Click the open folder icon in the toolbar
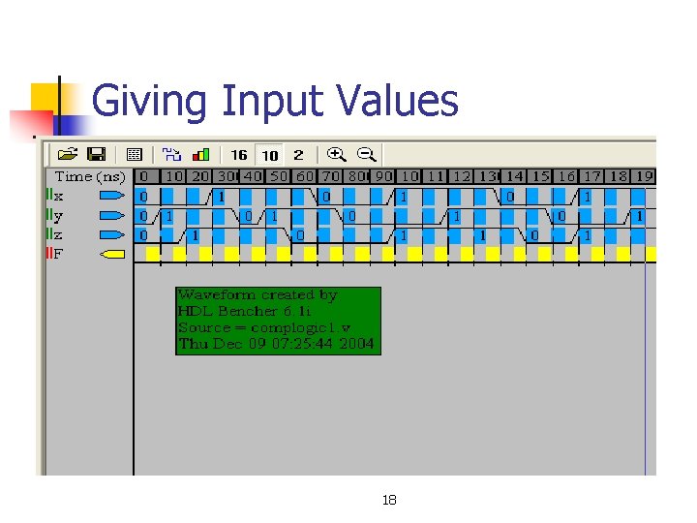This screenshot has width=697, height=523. (68, 154)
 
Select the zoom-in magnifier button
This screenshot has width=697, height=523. (337, 154)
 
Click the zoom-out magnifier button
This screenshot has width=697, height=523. (367, 154)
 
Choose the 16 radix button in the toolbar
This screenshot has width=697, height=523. (239, 155)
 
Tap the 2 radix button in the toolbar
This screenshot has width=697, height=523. (298, 155)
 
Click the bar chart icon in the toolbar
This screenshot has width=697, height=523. (201, 154)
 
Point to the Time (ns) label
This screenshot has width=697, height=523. (90, 176)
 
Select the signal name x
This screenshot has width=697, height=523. (59, 196)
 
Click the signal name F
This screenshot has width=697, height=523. (59, 254)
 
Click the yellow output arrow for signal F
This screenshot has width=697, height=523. (113, 254)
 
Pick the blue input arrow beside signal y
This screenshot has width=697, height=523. (113, 215)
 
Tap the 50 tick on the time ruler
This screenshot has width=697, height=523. (279, 176)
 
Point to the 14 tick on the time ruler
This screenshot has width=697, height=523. (514, 176)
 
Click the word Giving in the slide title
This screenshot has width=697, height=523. (150, 101)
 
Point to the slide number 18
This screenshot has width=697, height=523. (389, 500)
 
